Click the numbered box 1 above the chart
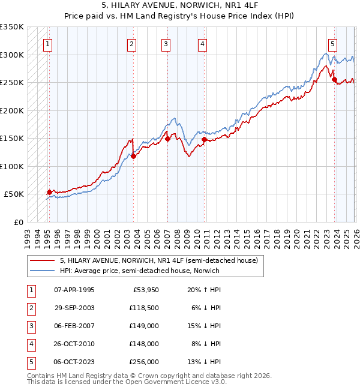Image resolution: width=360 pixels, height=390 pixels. pyautogui.click(x=47, y=43)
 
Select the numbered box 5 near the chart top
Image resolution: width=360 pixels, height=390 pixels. pyautogui.click(x=332, y=43)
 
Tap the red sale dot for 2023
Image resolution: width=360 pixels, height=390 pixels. pyautogui.click(x=334, y=79)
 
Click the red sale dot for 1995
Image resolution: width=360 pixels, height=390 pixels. pyautogui.click(x=49, y=192)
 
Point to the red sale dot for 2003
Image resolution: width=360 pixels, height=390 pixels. pyautogui.click(x=133, y=156)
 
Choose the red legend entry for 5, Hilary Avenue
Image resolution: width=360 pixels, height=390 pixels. pyautogui.click(x=158, y=260)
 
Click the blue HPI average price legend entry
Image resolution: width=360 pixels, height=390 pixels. pyautogui.click(x=139, y=271)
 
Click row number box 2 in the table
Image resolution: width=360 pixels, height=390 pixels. pyautogui.click(x=31, y=308)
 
